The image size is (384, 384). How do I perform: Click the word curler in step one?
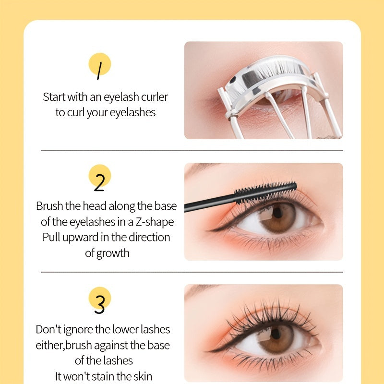[x=155, y=97]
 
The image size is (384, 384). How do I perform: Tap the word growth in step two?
[x=113, y=253]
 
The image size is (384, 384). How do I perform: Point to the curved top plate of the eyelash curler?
[x=266, y=77]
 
